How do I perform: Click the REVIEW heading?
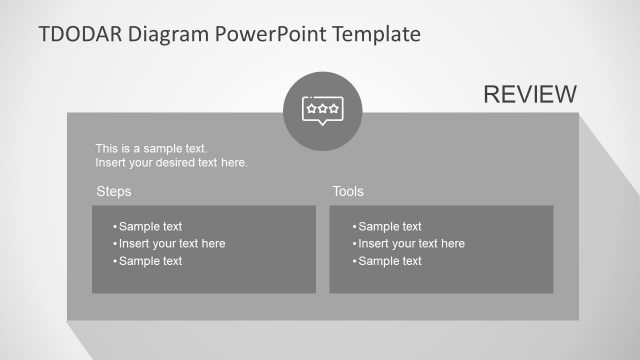529,94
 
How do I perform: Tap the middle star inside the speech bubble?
322,106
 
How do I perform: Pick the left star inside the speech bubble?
311,106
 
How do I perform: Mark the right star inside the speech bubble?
333,106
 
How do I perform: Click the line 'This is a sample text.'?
151,148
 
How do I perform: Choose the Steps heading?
113,191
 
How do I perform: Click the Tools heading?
348,191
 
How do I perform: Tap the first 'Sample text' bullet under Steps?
150,226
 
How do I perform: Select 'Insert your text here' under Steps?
171,243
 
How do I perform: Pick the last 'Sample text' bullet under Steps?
150,261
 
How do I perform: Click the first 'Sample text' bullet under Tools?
389,226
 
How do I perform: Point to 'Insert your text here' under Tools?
410,243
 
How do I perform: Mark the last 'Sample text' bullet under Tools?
389,261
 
